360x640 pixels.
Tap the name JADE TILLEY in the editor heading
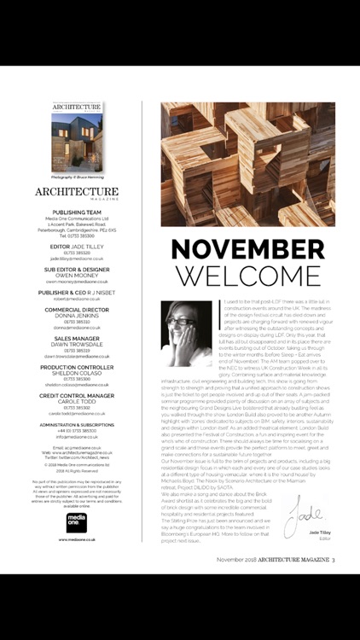click(x=88, y=246)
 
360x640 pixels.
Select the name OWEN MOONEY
click(x=77, y=276)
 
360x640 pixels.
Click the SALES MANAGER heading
click(x=77, y=339)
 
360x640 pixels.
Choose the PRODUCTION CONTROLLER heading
click(x=77, y=368)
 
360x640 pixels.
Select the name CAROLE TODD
click(x=77, y=403)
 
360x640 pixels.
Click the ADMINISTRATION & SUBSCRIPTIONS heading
click(x=77, y=424)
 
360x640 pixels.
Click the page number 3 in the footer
click(x=335, y=607)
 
